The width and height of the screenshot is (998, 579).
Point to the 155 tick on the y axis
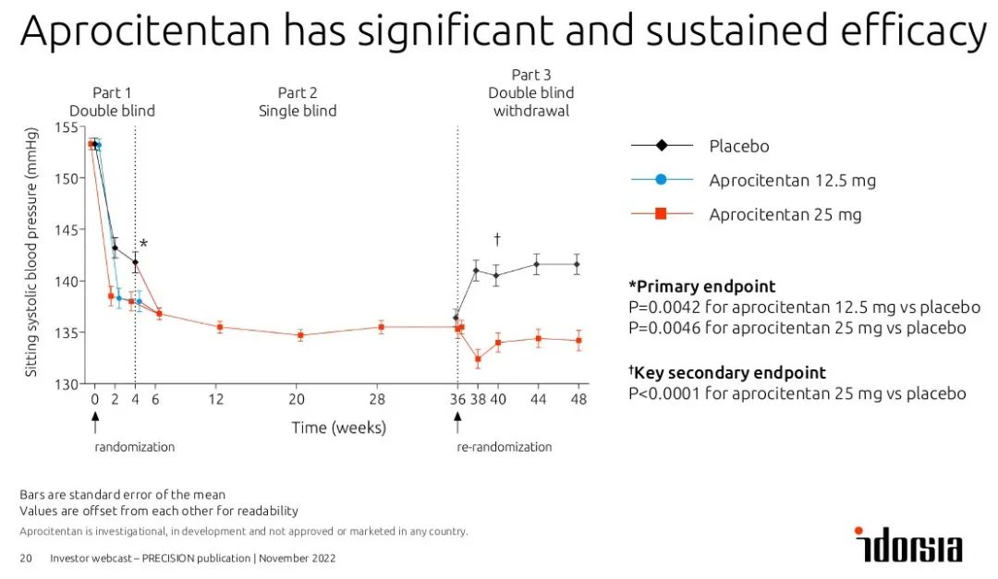pos(67,127)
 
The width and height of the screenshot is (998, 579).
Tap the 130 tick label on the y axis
pos(67,384)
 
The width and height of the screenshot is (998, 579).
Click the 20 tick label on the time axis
pos(297,400)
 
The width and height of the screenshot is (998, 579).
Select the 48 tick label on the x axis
pos(578,400)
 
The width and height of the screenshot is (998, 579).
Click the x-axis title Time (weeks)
pos(338,428)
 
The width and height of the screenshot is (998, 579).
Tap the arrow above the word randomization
pos(94,421)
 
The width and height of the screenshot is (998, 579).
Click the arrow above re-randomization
pos(457,421)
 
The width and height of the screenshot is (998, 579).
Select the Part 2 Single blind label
pos(298,102)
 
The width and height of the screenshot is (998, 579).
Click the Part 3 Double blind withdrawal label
pos(530,92)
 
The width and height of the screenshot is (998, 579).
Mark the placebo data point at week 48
pos(578,264)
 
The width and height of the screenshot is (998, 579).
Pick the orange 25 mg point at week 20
pos(300,335)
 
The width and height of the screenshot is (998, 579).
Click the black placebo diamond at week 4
pos(135,262)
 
